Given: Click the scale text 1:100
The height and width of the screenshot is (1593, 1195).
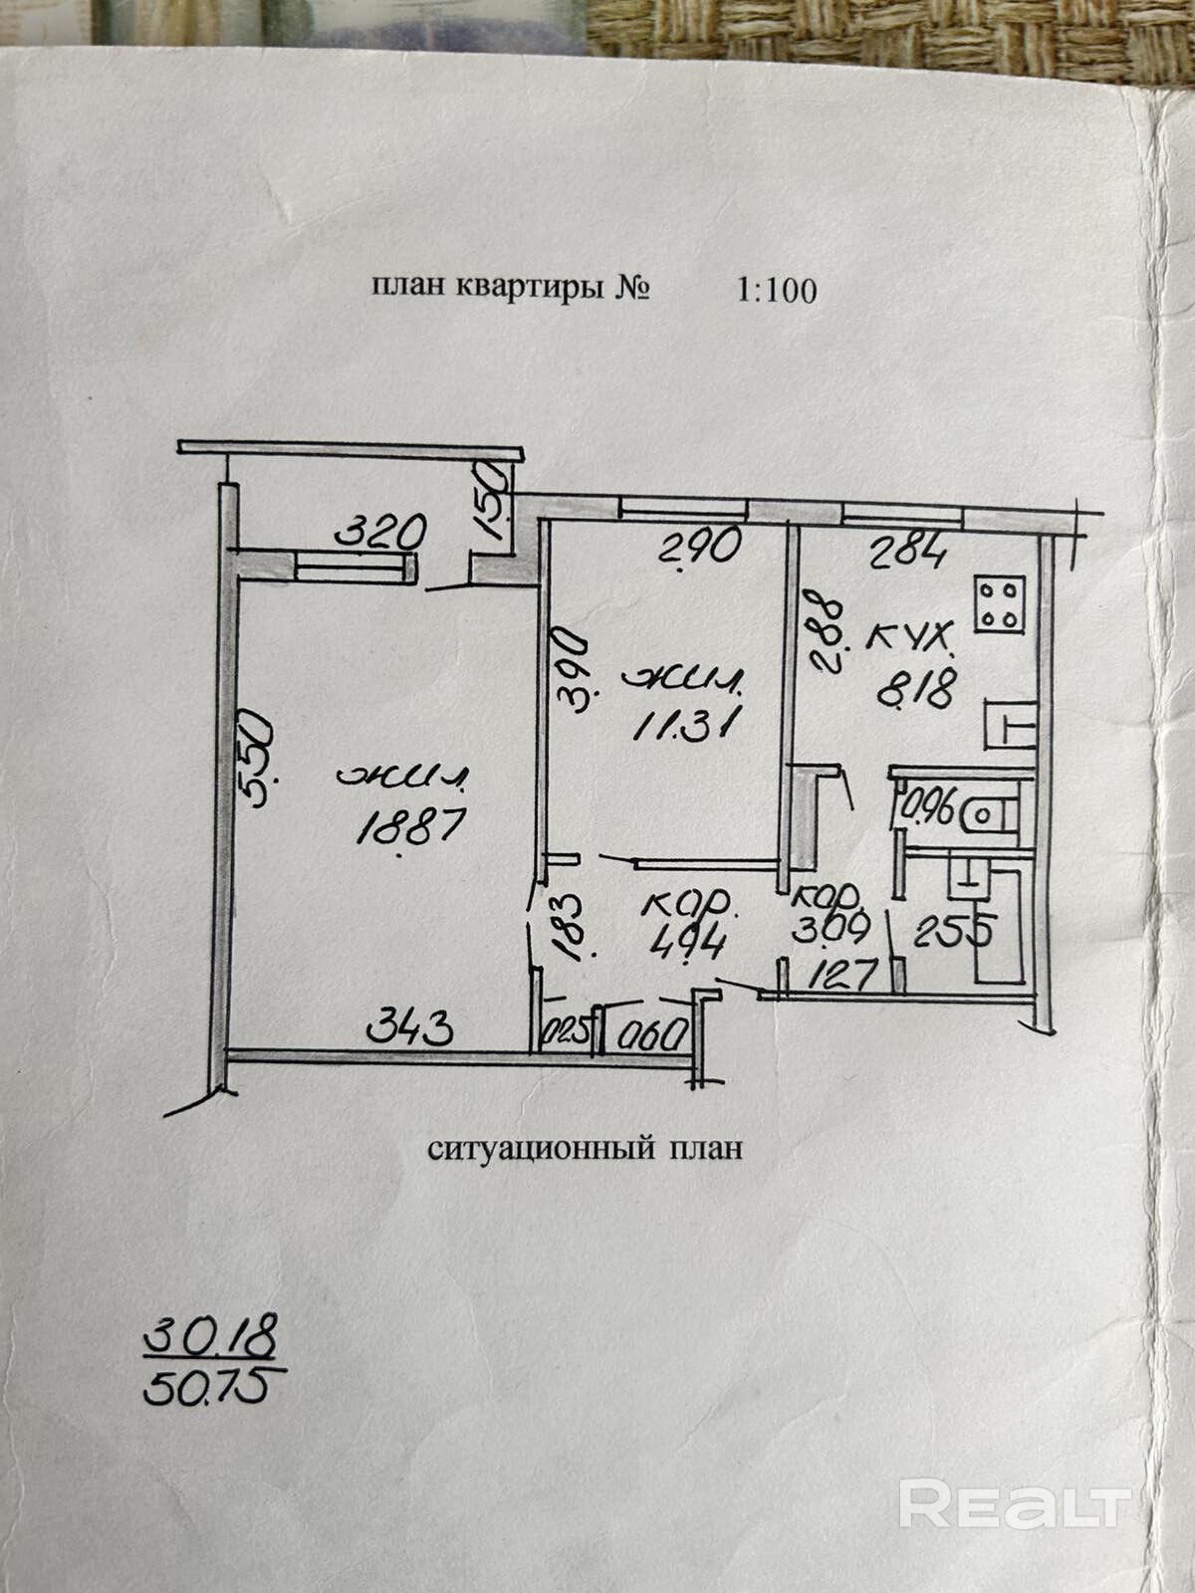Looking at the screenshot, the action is coord(776,290).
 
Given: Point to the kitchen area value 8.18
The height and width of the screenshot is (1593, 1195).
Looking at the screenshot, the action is coord(916,687).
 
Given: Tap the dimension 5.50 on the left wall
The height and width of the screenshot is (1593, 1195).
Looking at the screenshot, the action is coord(256,746).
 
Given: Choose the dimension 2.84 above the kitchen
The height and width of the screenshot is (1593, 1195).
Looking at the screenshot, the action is coord(908,551).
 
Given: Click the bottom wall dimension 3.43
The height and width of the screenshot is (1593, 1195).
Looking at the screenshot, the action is coord(411,1024).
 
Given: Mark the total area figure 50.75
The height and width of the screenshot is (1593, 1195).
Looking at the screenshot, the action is coord(206,1385).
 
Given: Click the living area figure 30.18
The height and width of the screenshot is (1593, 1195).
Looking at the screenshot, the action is coord(210,1337).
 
